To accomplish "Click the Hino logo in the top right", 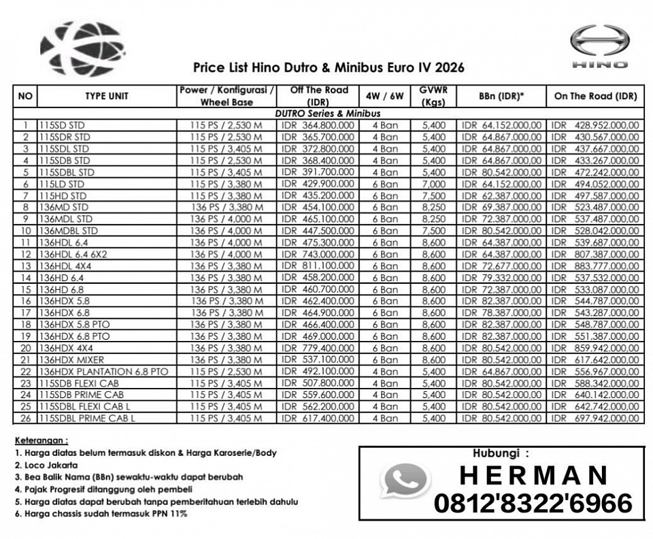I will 599,46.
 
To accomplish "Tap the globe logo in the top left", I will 82,48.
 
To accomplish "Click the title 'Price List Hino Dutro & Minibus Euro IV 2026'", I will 329,67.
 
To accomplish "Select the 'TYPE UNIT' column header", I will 106,97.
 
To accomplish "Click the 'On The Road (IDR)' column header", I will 595,97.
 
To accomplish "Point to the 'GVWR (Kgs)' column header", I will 433,97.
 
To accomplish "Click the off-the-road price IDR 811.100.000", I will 318,266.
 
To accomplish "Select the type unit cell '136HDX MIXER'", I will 71,360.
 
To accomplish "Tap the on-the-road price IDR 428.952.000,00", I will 595,125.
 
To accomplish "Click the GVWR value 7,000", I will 433,184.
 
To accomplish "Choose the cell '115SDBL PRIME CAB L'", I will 86,419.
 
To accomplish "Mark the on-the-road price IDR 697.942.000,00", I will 595,419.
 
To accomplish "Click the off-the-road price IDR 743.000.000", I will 318,255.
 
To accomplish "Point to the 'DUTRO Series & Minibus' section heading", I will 328,114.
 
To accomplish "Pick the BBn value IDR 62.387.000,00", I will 501,196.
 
